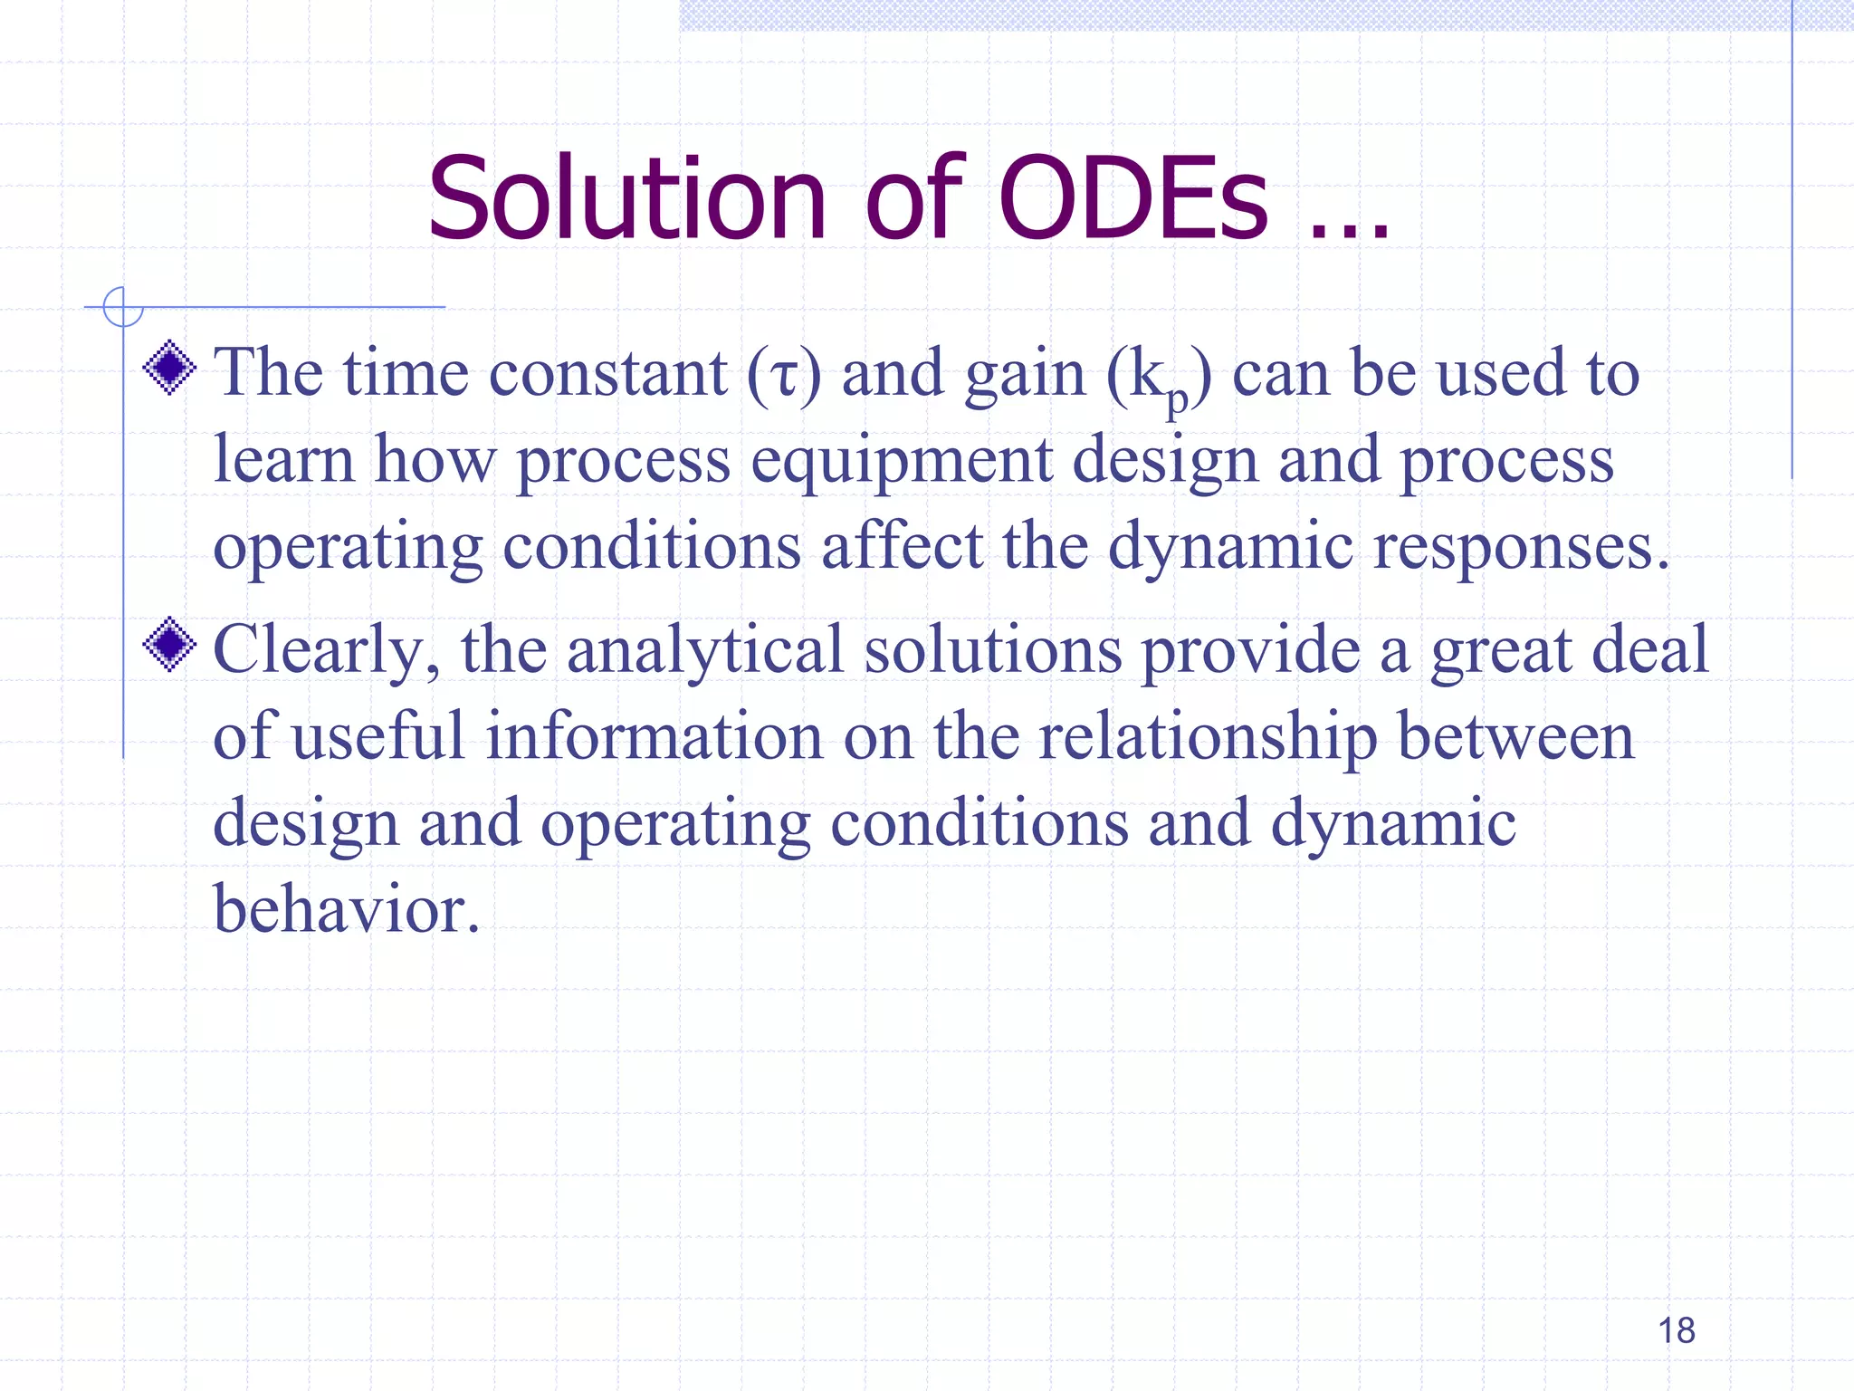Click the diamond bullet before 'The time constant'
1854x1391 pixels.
click(x=169, y=368)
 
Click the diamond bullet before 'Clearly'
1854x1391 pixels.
click(x=169, y=645)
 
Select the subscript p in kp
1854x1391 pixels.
click(x=1176, y=398)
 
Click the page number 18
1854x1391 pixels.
click(x=1676, y=1330)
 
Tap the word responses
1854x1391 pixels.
click(x=1521, y=548)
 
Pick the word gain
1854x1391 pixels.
click(x=1025, y=375)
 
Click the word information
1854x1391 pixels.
click(x=654, y=735)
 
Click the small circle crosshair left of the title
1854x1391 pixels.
click(x=122, y=307)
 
